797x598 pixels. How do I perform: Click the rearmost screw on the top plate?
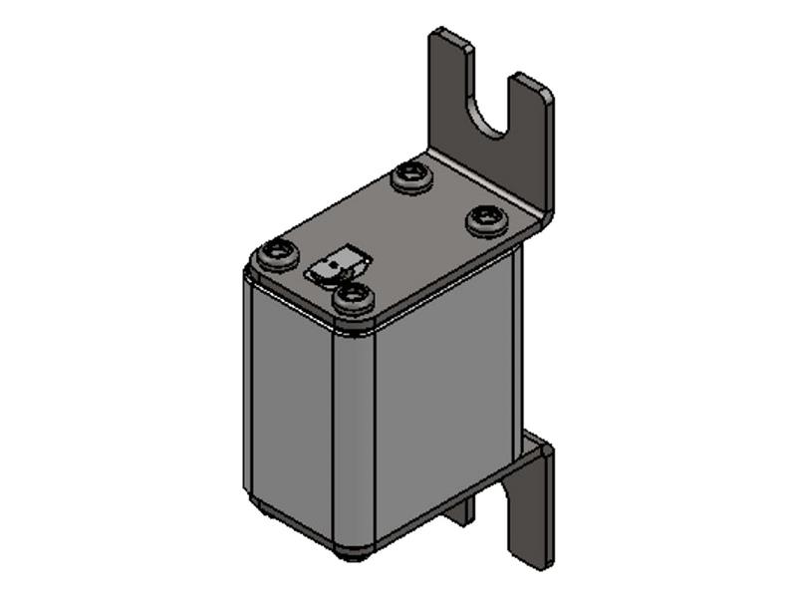point(411,176)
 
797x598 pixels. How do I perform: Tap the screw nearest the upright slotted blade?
point(486,218)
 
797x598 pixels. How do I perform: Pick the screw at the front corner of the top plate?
point(353,296)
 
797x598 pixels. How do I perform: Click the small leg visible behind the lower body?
point(460,511)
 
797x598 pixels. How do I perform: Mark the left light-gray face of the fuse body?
point(289,409)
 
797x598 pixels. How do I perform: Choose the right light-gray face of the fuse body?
point(443,399)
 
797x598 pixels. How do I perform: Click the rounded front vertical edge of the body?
point(355,439)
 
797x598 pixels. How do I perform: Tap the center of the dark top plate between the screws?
point(398,239)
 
